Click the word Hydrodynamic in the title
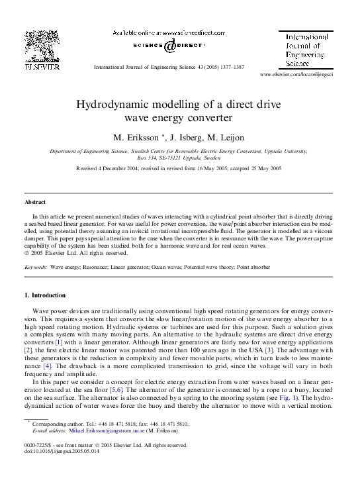pyautogui.click(x=117, y=105)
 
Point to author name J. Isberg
pyautogui.click(x=187, y=138)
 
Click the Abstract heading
pyautogui.click(x=35, y=202)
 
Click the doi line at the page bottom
pyautogui.click(x=60, y=451)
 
